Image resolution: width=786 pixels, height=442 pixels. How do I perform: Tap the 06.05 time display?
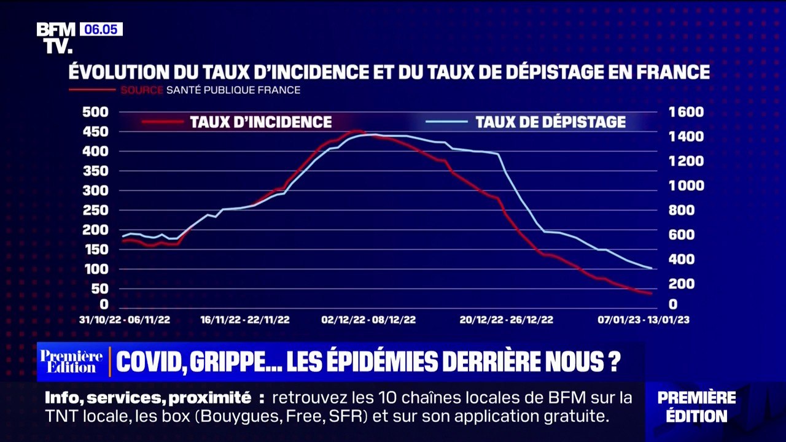pos(101,29)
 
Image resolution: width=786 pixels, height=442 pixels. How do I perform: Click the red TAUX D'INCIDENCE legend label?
pos(260,122)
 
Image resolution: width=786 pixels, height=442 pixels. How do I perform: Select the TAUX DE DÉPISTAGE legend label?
pos(550,122)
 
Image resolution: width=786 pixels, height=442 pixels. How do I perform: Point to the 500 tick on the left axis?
pos(95,112)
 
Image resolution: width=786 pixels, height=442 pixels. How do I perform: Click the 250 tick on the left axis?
pos(95,211)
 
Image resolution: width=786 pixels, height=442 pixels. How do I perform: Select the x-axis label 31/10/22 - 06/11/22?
pos(125,320)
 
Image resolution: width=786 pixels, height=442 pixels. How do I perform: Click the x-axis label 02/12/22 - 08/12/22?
pos(368,320)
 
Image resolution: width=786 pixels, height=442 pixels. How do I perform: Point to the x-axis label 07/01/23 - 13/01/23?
pos(644,320)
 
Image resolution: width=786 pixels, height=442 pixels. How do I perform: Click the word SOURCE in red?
pos(141,90)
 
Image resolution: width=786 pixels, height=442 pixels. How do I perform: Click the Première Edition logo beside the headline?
pos(71,362)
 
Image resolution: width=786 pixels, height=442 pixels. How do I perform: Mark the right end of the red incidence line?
pos(651,293)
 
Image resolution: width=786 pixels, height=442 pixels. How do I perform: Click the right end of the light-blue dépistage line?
pos(651,268)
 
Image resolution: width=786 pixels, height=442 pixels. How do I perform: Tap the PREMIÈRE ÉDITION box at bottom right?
pos(696,406)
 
